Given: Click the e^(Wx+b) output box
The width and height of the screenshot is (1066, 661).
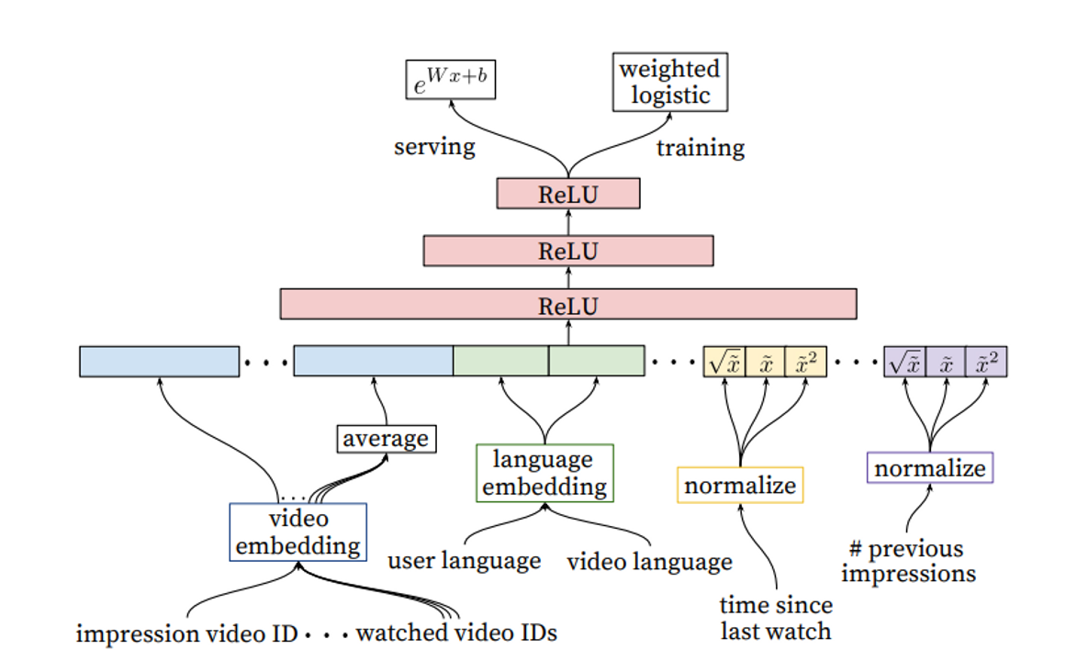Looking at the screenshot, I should point(451,80).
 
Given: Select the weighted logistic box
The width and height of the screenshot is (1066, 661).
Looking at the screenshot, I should point(668,83).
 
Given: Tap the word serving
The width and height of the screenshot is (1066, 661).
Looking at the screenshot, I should point(434,147).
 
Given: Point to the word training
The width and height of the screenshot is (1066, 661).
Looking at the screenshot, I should point(700,148).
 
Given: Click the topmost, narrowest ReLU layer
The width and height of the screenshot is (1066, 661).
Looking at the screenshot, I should point(567,194).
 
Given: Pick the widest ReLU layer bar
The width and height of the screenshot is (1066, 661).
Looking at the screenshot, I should point(567,304).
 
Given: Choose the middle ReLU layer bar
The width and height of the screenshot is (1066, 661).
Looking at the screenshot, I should point(567,251).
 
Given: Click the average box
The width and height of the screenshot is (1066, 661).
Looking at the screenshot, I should point(386,439).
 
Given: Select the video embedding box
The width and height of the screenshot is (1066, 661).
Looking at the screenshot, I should point(297,532).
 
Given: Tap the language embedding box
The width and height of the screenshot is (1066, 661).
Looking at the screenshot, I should point(544,473).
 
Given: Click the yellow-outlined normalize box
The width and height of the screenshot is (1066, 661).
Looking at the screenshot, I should point(740,485).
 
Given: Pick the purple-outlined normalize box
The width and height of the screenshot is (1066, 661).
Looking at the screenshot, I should point(930,468).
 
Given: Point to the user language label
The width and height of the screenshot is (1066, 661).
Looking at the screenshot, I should point(464,560).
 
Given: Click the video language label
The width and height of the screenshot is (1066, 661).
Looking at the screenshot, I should point(649,561).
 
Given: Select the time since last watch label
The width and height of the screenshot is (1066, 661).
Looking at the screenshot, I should point(776,618).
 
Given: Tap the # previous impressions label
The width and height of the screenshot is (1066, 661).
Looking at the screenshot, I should point(907,562).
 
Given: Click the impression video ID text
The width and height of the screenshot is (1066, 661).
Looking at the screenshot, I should point(187,633).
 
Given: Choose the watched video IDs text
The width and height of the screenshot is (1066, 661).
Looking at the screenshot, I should point(456,633).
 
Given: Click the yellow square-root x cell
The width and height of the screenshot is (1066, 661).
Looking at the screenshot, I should point(724,362).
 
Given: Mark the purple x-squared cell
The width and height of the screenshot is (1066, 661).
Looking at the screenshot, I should point(988,362).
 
